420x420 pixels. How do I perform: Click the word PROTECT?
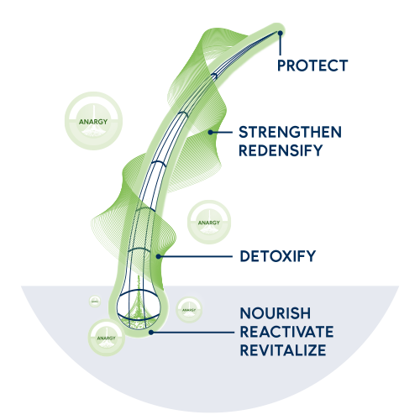coord(312,66)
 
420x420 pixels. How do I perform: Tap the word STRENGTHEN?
coord(290,132)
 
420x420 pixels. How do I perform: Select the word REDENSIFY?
coord(281,150)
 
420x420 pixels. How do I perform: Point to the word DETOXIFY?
coord(278,256)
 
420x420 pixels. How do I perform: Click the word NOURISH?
coord(276,313)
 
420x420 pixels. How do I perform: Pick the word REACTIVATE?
coord(286,332)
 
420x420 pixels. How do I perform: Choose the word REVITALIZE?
coord(283,350)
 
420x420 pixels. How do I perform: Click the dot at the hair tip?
coord(280,33)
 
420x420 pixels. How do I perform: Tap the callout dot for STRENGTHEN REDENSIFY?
coord(211,132)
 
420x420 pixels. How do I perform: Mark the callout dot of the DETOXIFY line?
coord(159,256)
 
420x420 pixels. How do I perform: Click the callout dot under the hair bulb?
coord(151,333)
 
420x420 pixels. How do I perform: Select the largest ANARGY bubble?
coord(93,121)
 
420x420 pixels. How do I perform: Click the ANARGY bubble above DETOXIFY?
coord(209,222)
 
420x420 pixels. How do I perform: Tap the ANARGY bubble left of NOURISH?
coord(189,309)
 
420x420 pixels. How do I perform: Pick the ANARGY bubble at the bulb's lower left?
coord(107,338)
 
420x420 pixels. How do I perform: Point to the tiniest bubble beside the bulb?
coord(95,301)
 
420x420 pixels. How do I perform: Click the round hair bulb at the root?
coord(139,309)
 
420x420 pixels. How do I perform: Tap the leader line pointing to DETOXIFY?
coord(196,256)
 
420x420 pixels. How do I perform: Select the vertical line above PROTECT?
coord(280,45)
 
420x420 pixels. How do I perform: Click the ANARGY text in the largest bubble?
coord(93,122)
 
